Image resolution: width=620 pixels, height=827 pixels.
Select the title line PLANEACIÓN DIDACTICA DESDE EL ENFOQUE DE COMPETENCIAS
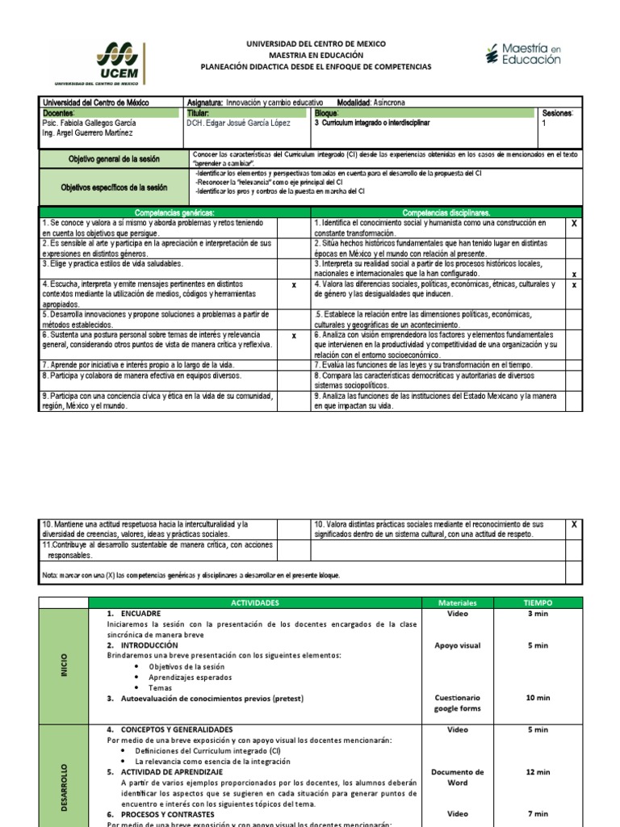pos(316,66)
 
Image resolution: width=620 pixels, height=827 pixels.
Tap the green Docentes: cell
pos(112,113)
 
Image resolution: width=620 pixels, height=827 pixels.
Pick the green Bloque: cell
pos(424,113)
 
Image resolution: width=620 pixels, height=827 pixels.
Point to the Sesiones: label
pos(557,114)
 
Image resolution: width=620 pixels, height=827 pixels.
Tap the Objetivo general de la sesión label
pos(114,160)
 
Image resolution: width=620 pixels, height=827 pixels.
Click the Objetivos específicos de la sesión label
pos(114,187)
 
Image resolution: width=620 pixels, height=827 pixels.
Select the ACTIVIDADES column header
pos(254,602)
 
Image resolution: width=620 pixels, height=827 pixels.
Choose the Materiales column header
pos(458,602)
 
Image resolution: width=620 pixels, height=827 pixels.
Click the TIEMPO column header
pos(537,602)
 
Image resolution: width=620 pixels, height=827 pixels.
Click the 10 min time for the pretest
pos(538,698)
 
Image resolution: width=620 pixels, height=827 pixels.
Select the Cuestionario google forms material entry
pos(458,703)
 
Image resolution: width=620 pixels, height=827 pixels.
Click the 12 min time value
pos(538,772)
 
